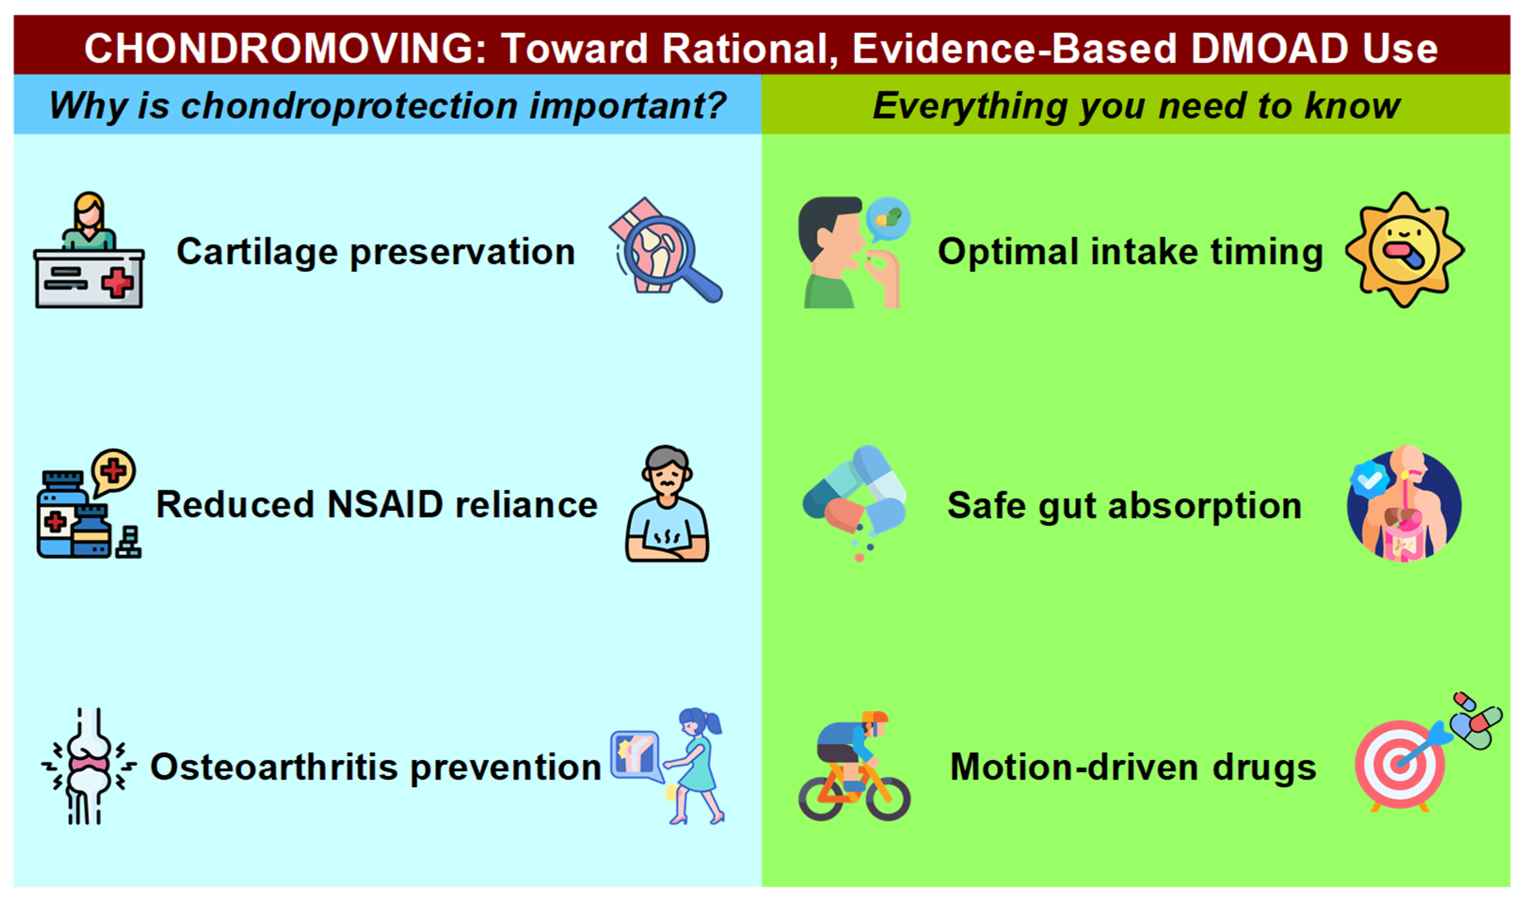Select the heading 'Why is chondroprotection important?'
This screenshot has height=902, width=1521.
[x=388, y=106]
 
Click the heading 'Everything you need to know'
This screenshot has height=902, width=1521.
[x=1136, y=106]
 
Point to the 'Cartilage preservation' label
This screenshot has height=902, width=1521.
[x=376, y=252]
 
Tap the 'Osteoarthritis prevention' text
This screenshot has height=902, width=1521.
[x=376, y=767]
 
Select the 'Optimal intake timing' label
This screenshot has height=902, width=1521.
[x=1130, y=252]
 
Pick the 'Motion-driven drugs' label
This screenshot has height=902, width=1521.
[x=1133, y=767]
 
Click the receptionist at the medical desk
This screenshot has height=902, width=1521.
[x=89, y=250]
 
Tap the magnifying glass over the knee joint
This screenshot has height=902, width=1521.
[x=666, y=250]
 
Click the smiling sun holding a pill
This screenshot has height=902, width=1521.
[x=1404, y=249]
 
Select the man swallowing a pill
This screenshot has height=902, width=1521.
[x=851, y=252]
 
